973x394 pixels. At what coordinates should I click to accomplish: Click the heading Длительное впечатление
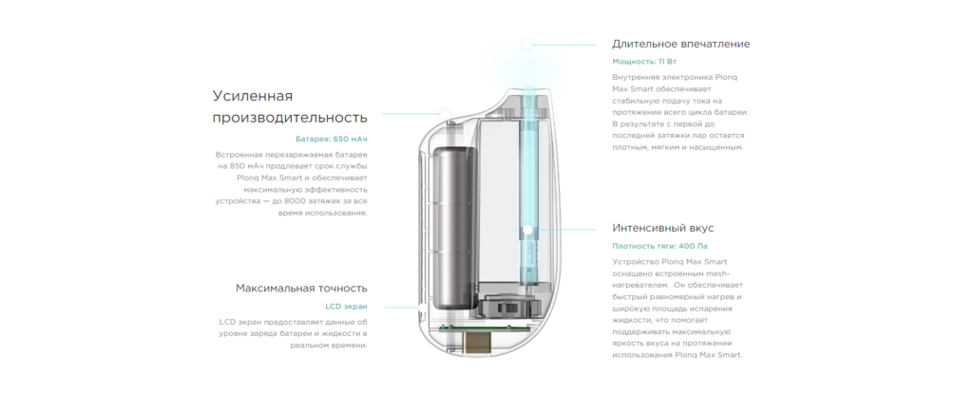(x=680, y=44)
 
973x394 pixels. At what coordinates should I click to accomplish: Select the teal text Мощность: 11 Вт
(x=644, y=62)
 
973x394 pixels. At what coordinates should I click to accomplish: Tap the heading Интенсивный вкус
(x=662, y=228)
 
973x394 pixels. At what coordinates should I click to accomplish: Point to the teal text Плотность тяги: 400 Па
(x=659, y=246)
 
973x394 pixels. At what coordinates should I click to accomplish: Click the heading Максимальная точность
(x=301, y=288)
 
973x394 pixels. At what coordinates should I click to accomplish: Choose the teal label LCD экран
(x=346, y=307)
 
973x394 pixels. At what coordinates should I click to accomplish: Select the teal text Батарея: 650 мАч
(x=332, y=139)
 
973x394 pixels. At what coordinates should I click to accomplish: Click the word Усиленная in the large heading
(x=253, y=96)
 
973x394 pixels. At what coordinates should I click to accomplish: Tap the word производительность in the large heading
(x=290, y=118)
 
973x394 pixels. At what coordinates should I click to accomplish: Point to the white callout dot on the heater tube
(x=527, y=230)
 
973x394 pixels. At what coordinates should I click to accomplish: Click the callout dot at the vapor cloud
(x=527, y=45)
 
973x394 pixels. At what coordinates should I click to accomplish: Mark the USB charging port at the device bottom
(x=479, y=342)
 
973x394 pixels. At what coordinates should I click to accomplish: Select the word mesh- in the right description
(x=718, y=273)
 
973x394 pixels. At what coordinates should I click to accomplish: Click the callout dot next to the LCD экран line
(x=422, y=308)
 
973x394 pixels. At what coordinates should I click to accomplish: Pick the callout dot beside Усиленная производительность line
(x=445, y=114)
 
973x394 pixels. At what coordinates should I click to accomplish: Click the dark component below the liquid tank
(x=504, y=307)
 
